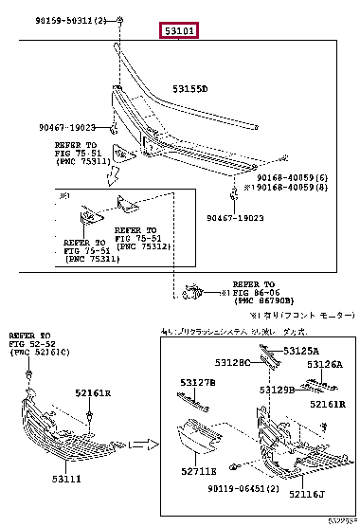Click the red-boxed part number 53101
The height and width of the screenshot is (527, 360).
pyautogui.click(x=180, y=31)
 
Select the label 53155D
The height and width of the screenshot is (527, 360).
pyautogui.click(x=189, y=89)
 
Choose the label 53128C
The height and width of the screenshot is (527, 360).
pyautogui.click(x=231, y=363)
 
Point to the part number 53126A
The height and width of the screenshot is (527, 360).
pyautogui.click(x=326, y=364)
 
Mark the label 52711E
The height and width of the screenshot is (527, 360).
pyautogui.click(x=200, y=469)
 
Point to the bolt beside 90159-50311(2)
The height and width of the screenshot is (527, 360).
pyautogui.click(x=122, y=20)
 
